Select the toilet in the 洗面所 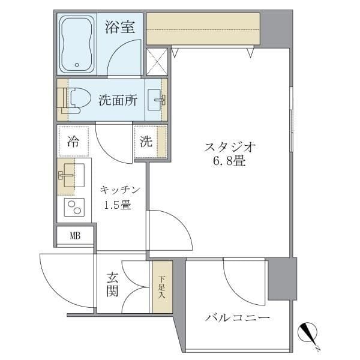tap(77, 100)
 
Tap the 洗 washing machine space tap(146, 142)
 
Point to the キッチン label tap(120, 190)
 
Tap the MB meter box tap(75, 235)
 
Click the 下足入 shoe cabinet tap(161, 287)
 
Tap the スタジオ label tap(230, 146)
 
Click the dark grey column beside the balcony tap(282, 278)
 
